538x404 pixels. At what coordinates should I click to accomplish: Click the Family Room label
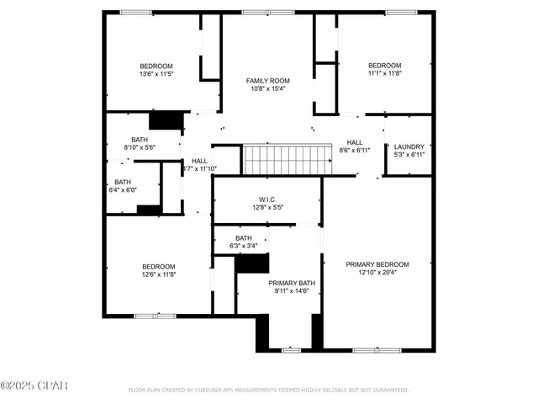tap(266, 81)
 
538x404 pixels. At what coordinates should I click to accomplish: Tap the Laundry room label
tap(409, 146)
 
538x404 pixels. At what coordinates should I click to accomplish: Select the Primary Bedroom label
tap(377, 264)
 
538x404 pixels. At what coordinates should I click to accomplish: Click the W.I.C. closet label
tap(267, 199)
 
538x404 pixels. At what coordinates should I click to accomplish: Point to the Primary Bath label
tap(292, 283)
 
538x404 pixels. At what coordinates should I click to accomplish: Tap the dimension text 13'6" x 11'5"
tap(156, 74)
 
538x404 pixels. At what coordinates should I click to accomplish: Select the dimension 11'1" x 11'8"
tap(385, 73)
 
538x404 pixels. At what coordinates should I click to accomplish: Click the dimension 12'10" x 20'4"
tap(377, 273)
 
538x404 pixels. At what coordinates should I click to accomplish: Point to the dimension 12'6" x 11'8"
tap(158, 274)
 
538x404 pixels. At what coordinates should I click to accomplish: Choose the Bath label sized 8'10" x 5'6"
tap(140, 140)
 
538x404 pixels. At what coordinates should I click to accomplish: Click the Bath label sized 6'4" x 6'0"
tap(123, 182)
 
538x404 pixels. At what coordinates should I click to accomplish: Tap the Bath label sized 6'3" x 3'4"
tap(244, 238)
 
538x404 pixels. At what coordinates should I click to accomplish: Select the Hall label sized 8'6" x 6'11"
tap(355, 142)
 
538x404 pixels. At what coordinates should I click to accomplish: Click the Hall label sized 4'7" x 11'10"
tap(199, 161)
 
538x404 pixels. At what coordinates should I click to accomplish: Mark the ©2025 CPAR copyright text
tap(34, 385)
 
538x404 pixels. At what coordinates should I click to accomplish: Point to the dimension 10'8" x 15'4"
tap(266, 89)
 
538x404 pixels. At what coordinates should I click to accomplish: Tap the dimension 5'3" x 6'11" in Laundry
tap(409, 155)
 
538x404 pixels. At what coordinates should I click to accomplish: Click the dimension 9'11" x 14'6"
tap(292, 291)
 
